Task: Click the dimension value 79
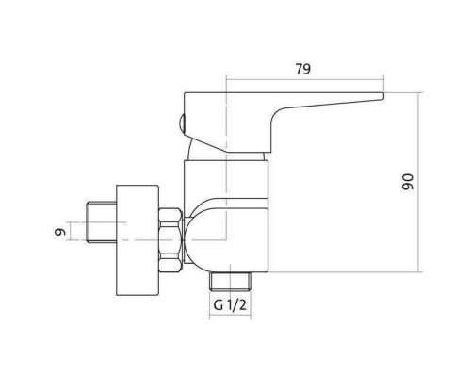(303, 69)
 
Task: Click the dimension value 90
(408, 182)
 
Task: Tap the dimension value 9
(60, 232)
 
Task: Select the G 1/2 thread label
(230, 304)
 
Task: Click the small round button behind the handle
(182, 123)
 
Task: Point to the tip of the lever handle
(383, 96)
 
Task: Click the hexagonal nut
(171, 240)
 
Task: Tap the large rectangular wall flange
(138, 240)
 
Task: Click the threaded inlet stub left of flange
(102, 222)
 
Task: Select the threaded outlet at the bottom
(231, 282)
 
